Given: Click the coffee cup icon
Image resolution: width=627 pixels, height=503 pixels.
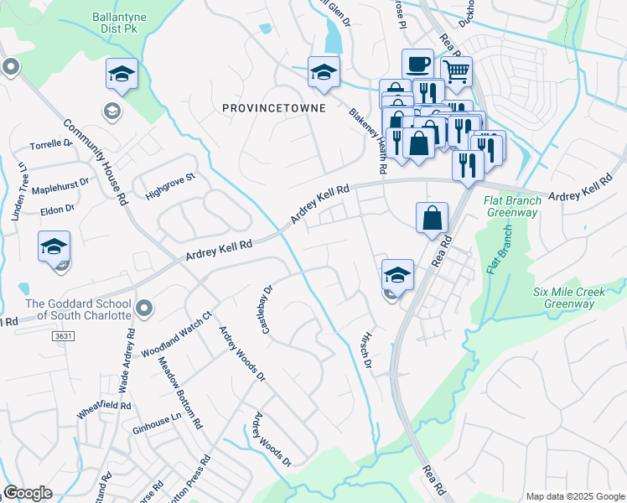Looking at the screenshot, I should tap(417, 64).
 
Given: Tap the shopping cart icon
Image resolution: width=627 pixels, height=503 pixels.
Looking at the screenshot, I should tap(456, 72).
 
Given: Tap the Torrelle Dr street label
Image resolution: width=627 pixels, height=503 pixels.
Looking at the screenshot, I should tap(52, 144).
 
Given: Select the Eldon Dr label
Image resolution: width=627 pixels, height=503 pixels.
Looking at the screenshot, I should tap(59, 208).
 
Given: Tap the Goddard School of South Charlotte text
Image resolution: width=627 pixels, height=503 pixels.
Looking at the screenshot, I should tap(78, 309).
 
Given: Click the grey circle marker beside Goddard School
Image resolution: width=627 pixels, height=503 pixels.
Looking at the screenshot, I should tap(145, 309).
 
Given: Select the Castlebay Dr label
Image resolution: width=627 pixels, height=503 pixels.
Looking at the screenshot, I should tap(267, 309).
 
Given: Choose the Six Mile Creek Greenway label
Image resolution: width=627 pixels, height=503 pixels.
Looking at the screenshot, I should tap(569, 297).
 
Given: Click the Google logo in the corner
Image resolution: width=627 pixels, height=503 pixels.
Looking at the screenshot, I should tap(28, 493).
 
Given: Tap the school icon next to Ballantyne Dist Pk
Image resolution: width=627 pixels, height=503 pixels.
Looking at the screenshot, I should tap(122, 74).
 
